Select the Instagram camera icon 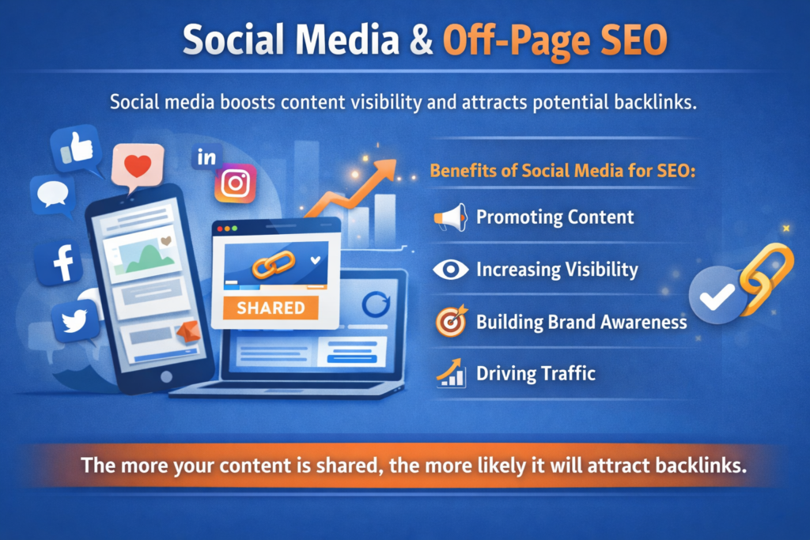235,183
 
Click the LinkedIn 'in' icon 206,157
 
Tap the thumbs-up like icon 77,149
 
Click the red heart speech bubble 137,168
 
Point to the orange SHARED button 271,308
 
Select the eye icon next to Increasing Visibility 451,270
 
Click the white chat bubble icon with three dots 54,194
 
